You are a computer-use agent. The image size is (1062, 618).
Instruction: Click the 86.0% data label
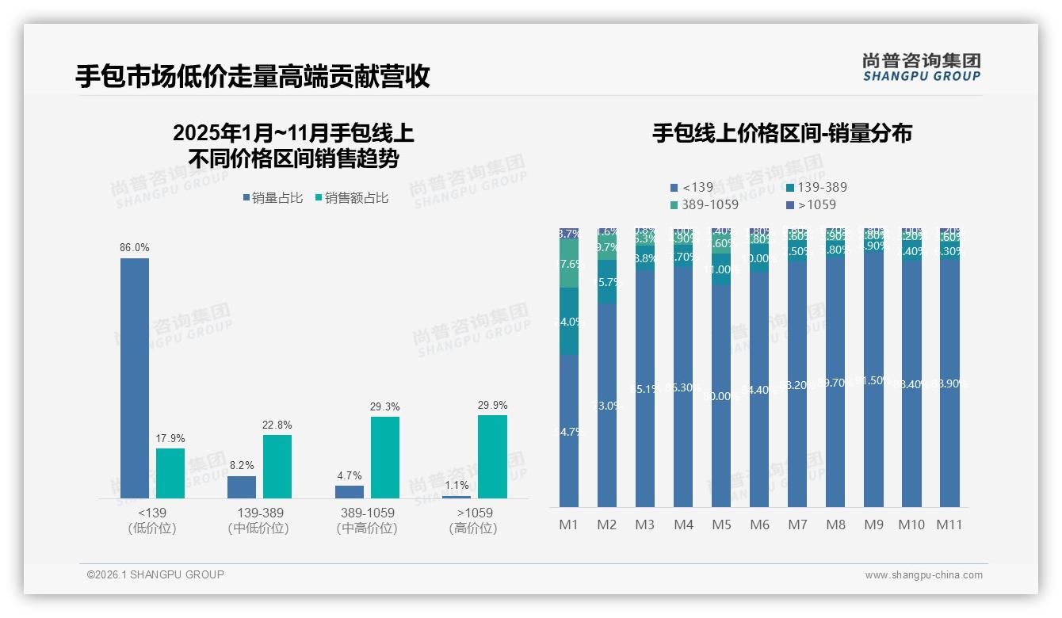pos(135,248)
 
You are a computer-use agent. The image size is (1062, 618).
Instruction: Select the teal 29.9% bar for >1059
pos(492,456)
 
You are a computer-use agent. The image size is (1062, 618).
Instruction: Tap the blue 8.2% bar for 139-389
pos(242,486)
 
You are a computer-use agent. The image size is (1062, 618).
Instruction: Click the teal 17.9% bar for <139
pos(170,473)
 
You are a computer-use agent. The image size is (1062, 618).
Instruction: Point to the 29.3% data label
pos(384,407)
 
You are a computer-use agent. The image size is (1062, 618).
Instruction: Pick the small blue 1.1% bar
pos(456,497)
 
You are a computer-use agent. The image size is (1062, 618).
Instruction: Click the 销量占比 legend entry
pos(272,198)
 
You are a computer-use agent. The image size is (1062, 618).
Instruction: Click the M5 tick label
pos(721,525)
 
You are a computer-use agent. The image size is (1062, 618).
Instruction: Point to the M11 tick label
pos(949,525)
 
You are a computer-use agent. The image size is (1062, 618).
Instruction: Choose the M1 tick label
pos(569,525)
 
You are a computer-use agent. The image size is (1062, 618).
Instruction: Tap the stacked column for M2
pos(607,396)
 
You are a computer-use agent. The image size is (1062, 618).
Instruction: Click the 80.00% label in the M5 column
pos(721,396)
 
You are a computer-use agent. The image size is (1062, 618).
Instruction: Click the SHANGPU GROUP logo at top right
pos(922,67)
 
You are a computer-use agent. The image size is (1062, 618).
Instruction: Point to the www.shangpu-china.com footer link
pos(923,575)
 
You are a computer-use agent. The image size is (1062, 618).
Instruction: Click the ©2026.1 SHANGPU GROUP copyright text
pos(155,574)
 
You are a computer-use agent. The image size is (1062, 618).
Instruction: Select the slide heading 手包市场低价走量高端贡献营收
pos(252,77)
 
